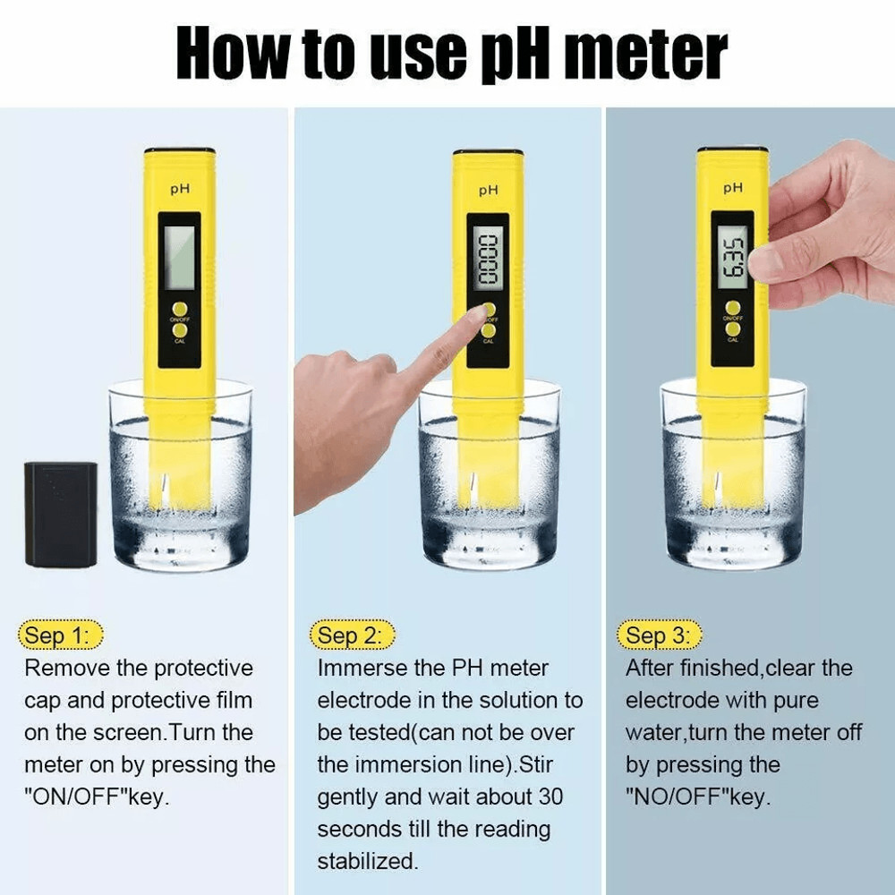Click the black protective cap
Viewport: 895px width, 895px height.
[61, 514]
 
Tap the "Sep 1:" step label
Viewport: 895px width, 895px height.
[60, 635]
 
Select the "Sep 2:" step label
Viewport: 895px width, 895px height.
[352, 635]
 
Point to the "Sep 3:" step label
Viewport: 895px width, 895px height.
[660, 635]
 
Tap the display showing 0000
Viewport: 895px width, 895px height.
[488, 260]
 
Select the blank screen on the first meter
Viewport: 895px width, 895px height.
[179, 256]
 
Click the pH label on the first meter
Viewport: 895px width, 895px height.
[180, 190]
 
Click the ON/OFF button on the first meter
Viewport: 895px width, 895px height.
[179, 309]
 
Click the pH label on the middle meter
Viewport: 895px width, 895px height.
[488, 190]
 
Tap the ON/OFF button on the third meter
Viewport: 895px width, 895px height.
[733, 309]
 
